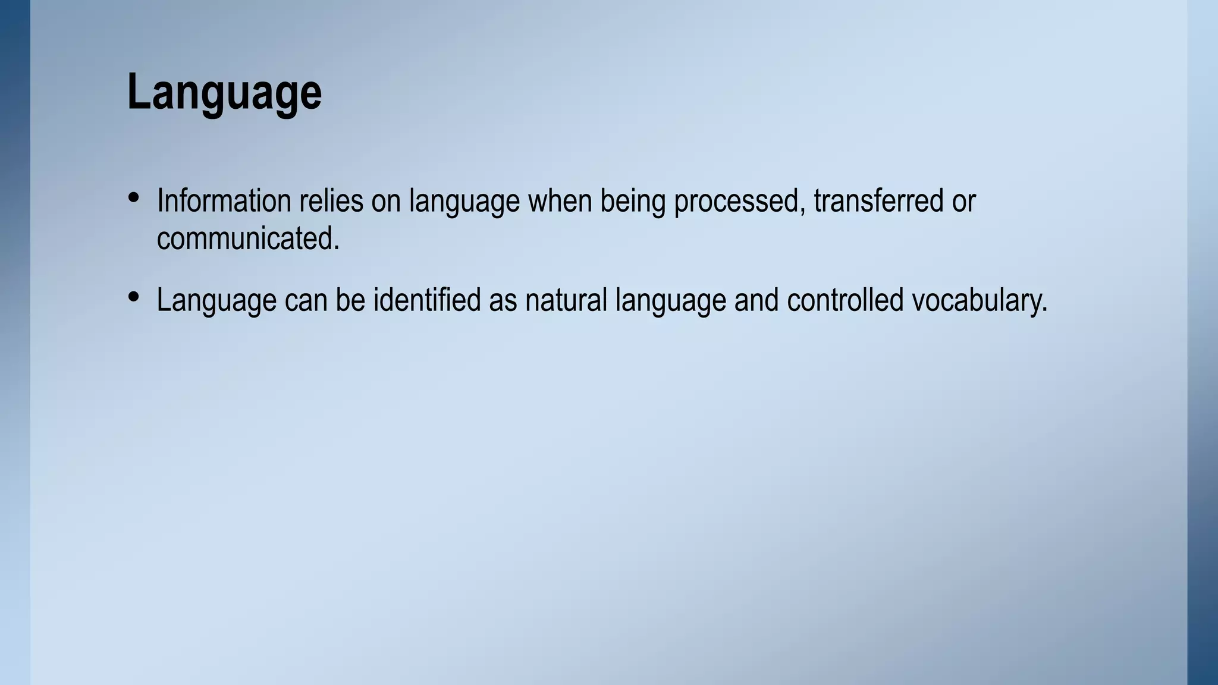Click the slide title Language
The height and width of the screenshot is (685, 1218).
pyautogui.click(x=224, y=92)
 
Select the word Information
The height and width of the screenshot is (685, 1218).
pyautogui.click(x=224, y=201)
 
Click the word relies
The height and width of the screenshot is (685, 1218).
pyautogui.click(x=331, y=201)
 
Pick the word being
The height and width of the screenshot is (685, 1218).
pyautogui.click(x=632, y=202)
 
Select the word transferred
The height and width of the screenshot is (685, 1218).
pyautogui.click(x=878, y=201)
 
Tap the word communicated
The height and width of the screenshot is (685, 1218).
pyautogui.click(x=247, y=239)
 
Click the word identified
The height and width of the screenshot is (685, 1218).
pyautogui.click(x=426, y=300)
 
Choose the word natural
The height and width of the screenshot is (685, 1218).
pyautogui.click(x=566, y=300)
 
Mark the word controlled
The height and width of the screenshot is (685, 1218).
pyautogui.click(x=845, y=300)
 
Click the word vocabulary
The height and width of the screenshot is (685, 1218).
pyautogui.click(x=979, y=301)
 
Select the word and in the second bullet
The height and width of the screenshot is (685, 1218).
pyautogui.click(x=756, y=300)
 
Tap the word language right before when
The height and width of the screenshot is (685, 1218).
pyautogui.click(x=464, y=202)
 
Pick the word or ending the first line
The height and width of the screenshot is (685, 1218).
pyautogui.click(x=963, y=202)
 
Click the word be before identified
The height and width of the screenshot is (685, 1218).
pyautogui.click(x=350, y=300)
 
